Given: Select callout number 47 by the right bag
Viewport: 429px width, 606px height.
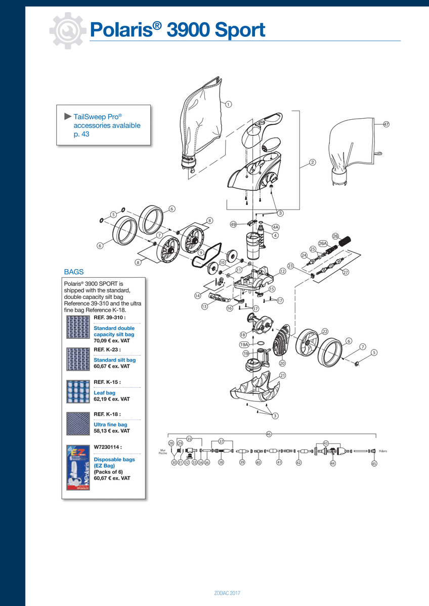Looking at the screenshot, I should click(386, 124).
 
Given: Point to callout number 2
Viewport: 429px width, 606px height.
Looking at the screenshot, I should click(313, 162).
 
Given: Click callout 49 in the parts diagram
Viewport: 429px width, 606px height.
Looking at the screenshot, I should click(233, 224).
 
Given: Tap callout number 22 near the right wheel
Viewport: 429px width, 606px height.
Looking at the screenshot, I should click(325, 331).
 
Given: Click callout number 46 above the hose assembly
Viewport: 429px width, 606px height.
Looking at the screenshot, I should click(269, 434).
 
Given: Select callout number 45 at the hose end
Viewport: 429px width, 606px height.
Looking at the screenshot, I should click(374, 463).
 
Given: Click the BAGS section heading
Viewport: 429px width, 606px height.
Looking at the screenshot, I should click(74, 272).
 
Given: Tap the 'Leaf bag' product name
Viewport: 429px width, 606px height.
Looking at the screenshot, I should click(105, 392).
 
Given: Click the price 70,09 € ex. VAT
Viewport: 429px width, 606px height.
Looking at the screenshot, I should click(112, 341).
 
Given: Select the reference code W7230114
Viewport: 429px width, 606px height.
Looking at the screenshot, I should click(107, 447).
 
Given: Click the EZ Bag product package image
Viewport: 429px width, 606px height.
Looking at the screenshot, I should click(77, 466).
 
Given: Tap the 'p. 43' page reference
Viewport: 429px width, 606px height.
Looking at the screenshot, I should click(81, 134).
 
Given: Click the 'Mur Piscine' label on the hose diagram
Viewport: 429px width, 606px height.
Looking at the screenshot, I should click(162, 451).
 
